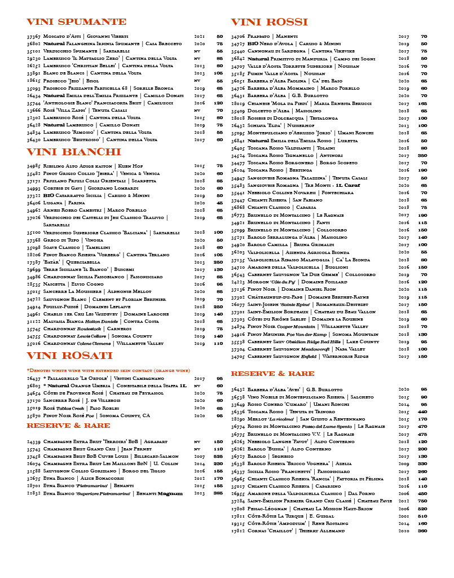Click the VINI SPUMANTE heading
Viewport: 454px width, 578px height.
[x=77, y=22]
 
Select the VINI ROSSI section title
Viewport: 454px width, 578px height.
[x=270, y=22]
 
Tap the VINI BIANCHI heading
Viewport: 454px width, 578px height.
[x=74, y=152]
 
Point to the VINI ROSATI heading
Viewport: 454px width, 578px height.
[x=70, y=355]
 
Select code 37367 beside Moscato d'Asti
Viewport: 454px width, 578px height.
[x=33, y=36]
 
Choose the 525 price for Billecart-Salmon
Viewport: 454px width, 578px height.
[x=218, y=456]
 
